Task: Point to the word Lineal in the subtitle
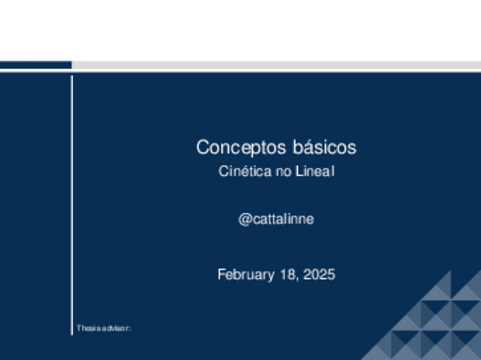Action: (315, 171)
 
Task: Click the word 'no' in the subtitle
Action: (283, 171)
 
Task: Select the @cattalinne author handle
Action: (276, 219)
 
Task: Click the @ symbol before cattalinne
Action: (244, 219)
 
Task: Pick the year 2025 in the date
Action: (319, 275)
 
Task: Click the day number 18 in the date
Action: (288, 275)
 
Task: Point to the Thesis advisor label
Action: (104, 328)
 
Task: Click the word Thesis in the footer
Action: (87, 328)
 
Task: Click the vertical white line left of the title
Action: (72, 204)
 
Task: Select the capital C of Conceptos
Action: (202, 147)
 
